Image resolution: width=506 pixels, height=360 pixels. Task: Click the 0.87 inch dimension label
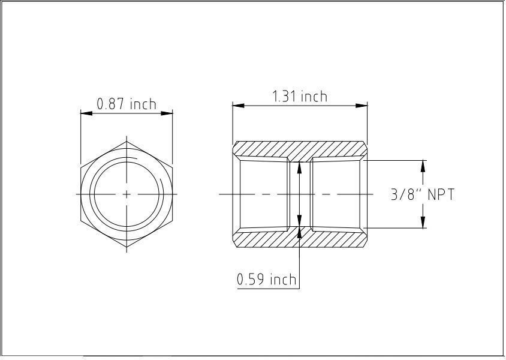coord(126,104)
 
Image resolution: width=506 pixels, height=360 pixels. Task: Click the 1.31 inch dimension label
coord(300,97)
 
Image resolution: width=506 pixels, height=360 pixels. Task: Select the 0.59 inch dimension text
coord(267,280)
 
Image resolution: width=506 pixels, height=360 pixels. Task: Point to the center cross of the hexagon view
coord(126,194)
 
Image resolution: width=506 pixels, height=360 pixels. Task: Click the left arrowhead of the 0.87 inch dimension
coord(85,112)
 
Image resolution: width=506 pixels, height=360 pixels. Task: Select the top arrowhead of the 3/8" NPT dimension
coord(423,164)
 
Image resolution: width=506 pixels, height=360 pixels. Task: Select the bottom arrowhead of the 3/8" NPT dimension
coord(423,224)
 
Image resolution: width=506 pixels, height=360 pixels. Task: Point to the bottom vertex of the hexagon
coord(126,248)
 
